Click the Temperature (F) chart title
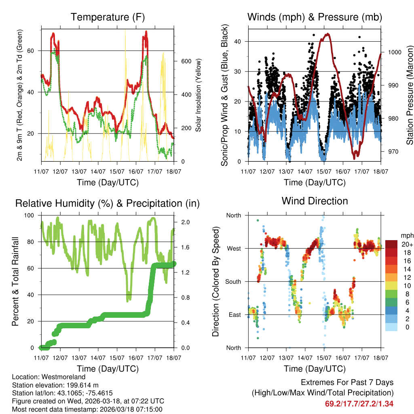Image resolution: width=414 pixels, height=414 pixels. [x=108, y=17]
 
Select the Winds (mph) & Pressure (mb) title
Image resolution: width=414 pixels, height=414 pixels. [x=315, y=17]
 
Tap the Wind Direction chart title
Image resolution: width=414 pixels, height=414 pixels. [x=315, y=201]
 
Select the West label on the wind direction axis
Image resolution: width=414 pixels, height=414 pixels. [x=233, y=248]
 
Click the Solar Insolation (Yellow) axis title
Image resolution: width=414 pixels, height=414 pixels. [x=199, y=95]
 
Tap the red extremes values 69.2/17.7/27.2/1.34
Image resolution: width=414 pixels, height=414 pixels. [x=359, y=403]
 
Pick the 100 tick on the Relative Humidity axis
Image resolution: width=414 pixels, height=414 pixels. [x=31, y=215]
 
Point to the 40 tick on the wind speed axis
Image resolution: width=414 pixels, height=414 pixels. [x=239, y=41]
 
